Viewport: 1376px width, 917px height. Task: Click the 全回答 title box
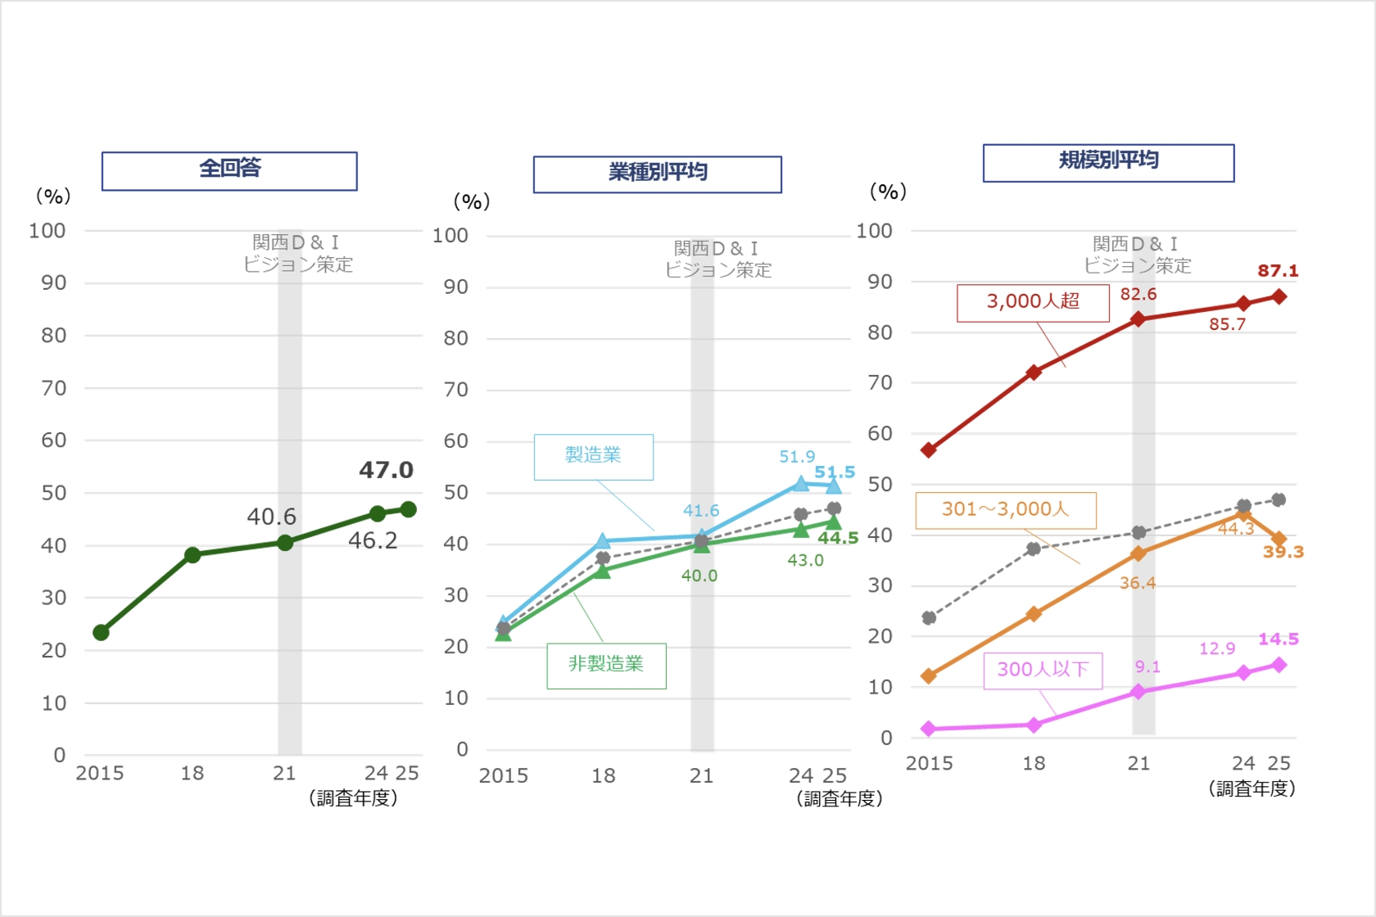click(x=229, y=170)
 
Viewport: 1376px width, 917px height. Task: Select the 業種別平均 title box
click(x=657, y=174)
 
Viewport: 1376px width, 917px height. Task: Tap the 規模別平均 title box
click(x=1108, y=162)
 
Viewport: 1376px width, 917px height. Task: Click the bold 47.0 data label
click(x=386, y=470)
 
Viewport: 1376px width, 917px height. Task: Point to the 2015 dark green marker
click(x=102, y=632)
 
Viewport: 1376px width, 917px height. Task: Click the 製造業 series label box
click(x=593, y=456)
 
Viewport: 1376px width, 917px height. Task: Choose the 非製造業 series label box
click(x=606, y=665)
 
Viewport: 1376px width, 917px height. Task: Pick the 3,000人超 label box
click(x=1033, y=302)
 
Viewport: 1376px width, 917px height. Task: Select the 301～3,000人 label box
click(x=1005, y=510)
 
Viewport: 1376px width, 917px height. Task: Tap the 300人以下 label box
click(x=1043, y=671)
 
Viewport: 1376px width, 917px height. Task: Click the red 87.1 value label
click(x=1278, y=271)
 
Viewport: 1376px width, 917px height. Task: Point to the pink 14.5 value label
click(x=1278, y=639)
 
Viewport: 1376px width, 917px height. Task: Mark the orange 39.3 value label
click(x=1283, y=552)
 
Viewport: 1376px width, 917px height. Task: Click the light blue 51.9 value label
click(x=797, y=457)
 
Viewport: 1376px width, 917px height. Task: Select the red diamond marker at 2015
click(x=929, y=450)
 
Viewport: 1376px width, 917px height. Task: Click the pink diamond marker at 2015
click(x=929, y=728)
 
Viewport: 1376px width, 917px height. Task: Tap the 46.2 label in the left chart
click(x=373, y=540)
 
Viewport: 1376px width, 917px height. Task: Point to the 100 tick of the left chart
click(x=48, y=232)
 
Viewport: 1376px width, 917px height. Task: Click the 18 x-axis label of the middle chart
click(x=604, y=775)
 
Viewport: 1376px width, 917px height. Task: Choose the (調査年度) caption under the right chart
click(x=1252, y=788)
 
